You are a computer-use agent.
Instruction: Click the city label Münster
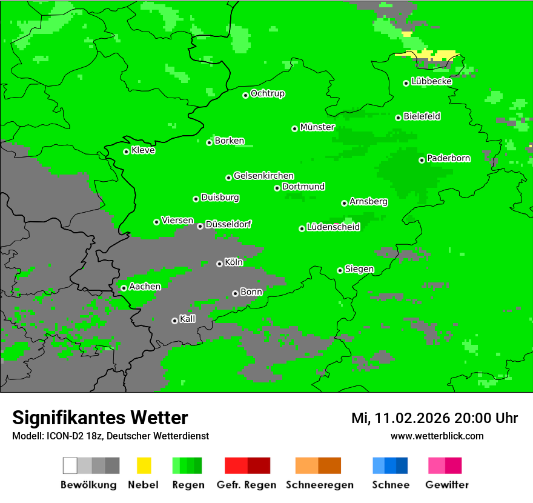[x=317, y=127]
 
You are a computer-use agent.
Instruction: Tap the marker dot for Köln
[x=219, y=264]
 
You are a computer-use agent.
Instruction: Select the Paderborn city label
[x=448, y=158]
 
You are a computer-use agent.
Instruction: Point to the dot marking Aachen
[x=124, y=288]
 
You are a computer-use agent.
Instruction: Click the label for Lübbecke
[x=431, y=81]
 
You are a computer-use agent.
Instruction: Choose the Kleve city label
[x=143, y=150]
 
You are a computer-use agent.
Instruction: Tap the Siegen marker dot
[x=340, y=270]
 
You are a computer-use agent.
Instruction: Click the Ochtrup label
[x=267, y=94]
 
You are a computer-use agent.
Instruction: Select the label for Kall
[x=187, y=319]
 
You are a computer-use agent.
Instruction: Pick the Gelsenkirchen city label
[x=263, y=176]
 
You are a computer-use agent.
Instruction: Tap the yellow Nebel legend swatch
[x=144, y=465]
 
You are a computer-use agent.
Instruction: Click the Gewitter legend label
[x=446, y=485]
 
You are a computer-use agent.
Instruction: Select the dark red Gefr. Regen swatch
[x=259, y=465]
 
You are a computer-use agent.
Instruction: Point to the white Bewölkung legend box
[x=70, y=465]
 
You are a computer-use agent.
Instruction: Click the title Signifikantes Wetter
[x=100, y=418]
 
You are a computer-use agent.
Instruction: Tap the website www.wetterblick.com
[x=437, y=436]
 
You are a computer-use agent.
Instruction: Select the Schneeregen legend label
[x=320, y=485]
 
